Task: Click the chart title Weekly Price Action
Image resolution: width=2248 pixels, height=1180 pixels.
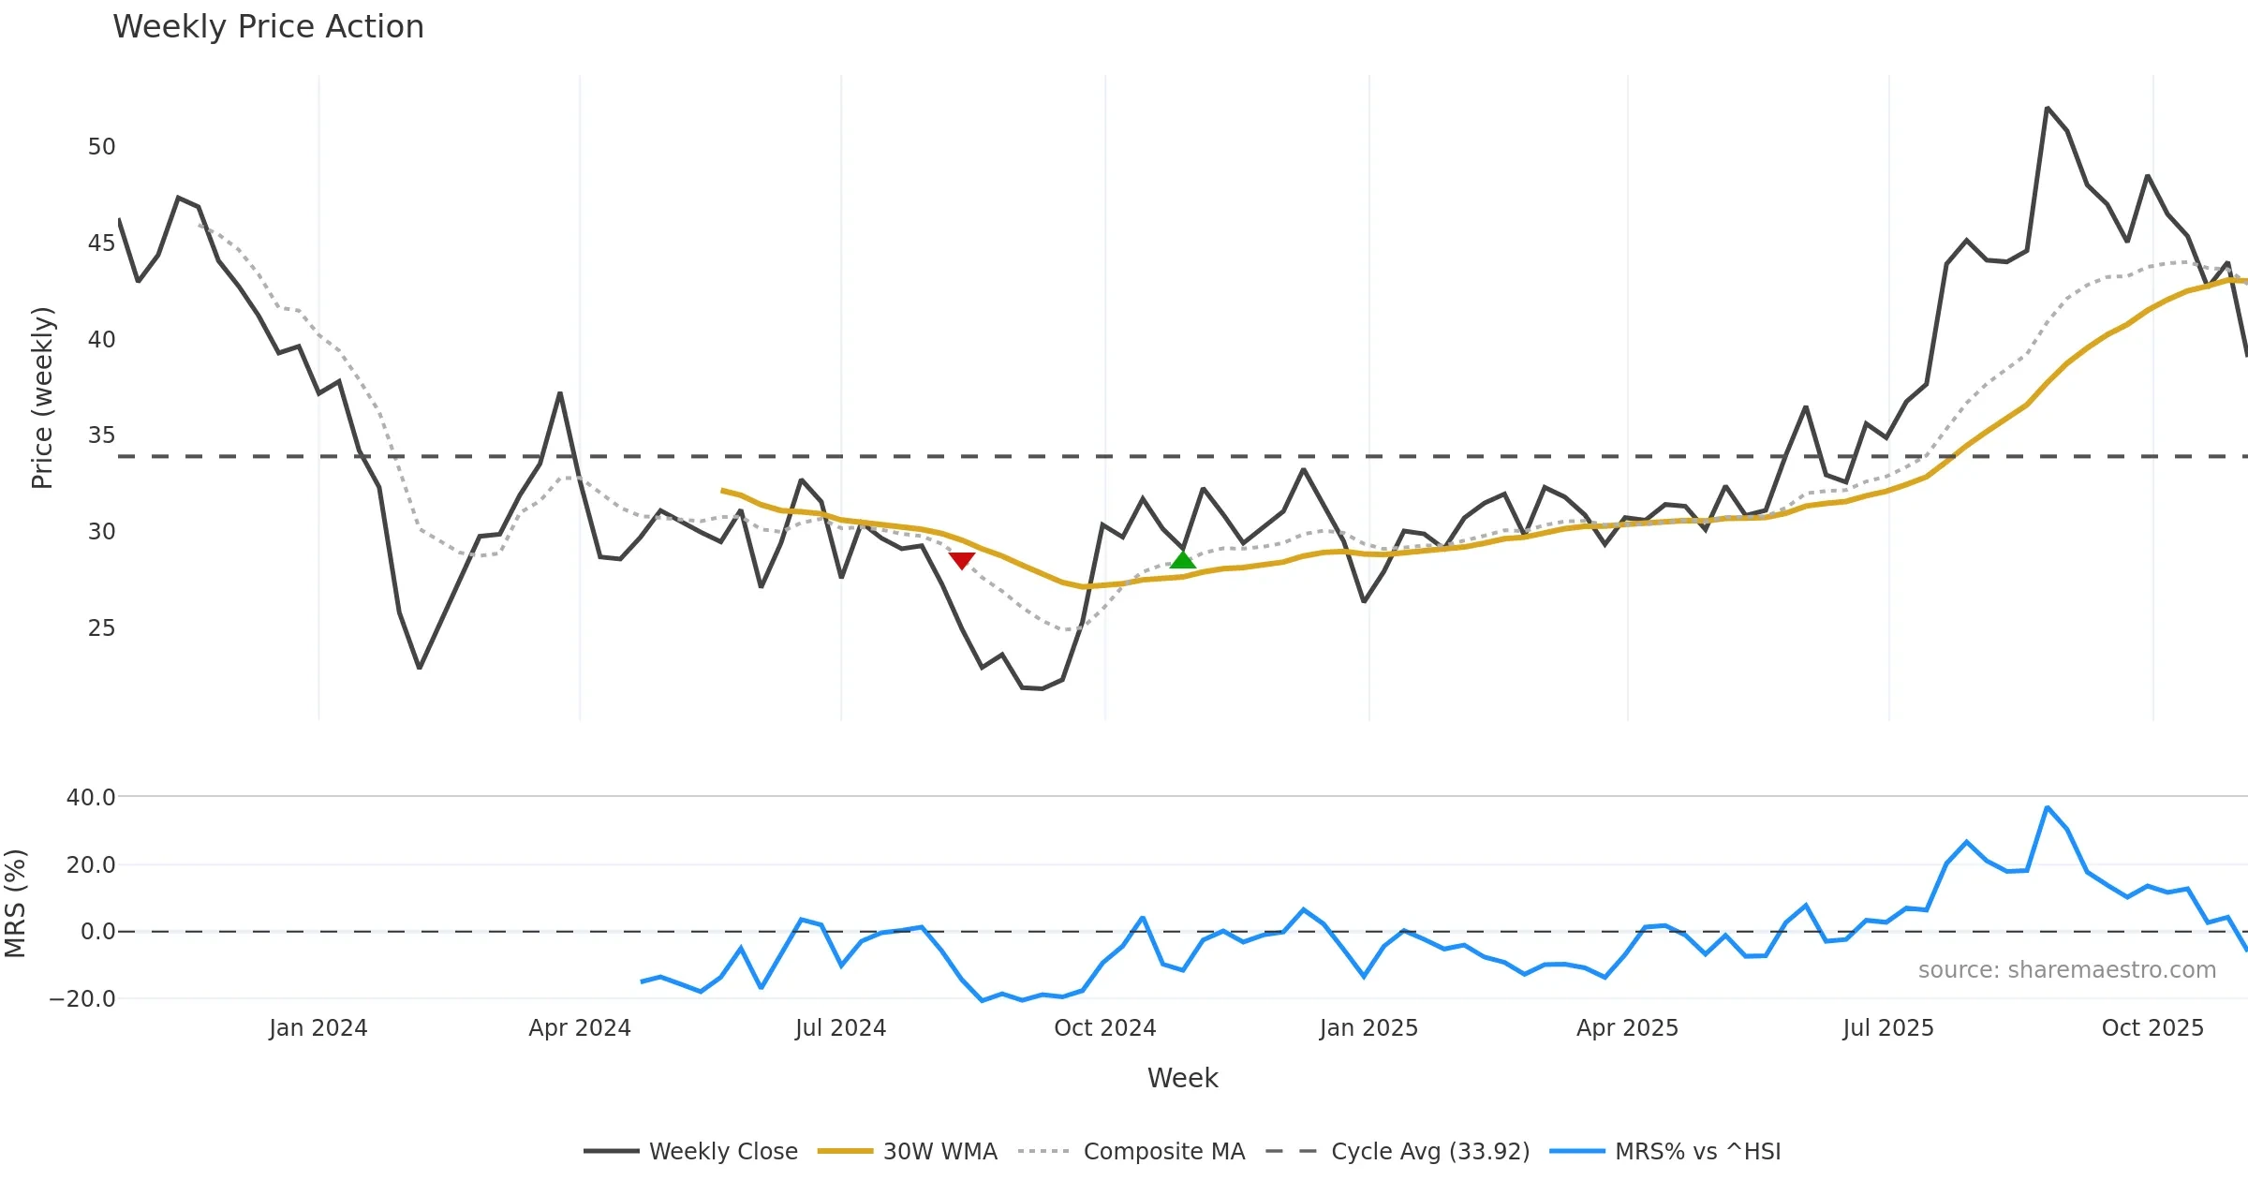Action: [x=268, y=27]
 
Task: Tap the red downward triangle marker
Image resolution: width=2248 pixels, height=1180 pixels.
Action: [x=962, y=560]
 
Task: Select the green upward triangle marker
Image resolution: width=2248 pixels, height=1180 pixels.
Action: [x=1183, y=559]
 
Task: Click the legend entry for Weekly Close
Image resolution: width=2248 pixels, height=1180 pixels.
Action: [x=691, y=1151]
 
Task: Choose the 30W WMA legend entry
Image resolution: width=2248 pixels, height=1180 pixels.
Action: [x=908, y=1151]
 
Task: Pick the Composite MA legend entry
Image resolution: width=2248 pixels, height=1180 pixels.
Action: [x=1131, y=1151]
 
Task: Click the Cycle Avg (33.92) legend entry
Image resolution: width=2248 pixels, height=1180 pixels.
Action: [x=1398, y=1151]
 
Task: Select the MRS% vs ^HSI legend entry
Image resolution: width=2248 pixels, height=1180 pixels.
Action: [x=1665, y=1151]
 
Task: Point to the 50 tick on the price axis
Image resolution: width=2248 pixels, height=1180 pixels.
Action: [x=101, y=147]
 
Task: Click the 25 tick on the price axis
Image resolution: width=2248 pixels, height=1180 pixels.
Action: [x=101, y=628]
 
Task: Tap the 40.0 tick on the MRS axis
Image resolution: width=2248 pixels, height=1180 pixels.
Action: [x=91, y=798]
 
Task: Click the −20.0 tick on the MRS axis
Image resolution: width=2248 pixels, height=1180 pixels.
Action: [x=82, y=999]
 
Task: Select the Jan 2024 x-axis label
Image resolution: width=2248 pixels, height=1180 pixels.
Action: [x=318, y=1028]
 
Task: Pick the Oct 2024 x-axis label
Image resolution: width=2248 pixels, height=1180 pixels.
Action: [x=1105, y=1028]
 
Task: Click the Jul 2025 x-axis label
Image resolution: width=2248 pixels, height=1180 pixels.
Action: [x=1888, y=1028]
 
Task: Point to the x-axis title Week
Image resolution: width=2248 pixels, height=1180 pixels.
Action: [x=1182, y=1079]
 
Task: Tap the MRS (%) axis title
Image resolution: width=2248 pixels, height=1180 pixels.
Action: [x=16, y=904]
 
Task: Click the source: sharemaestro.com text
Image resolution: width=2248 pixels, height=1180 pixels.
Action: [x=2066, y=970]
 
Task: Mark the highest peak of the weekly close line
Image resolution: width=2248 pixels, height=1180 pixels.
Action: [x=2048, y=109]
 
